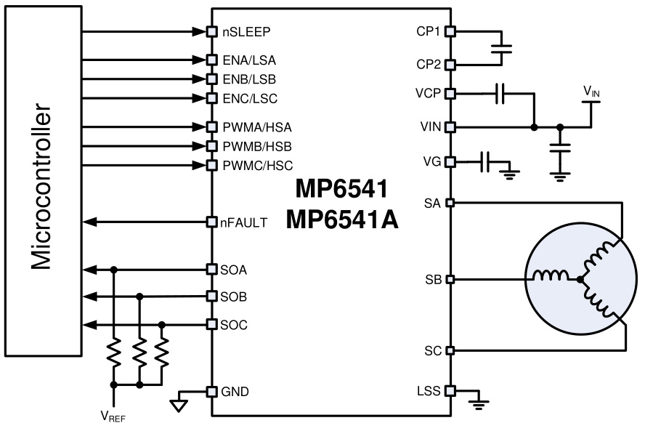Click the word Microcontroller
pyautogui.click(x=42, y=190)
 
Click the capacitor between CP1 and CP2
pyautogui.click(x=502, y=48)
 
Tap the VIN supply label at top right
pyautogui.click(x=593, y=91)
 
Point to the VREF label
pyautogui.click(x=113, y=416)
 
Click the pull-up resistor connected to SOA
pyautogui.click(x=114, y=354)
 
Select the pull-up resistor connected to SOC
pyautogui.click(x=162, y=354)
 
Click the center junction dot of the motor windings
pyautogui.click(x=580, y=279)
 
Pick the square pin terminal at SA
pyautogui.click(x=450, y=203)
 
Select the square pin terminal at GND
pyautogui.click(x=212, y=392)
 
